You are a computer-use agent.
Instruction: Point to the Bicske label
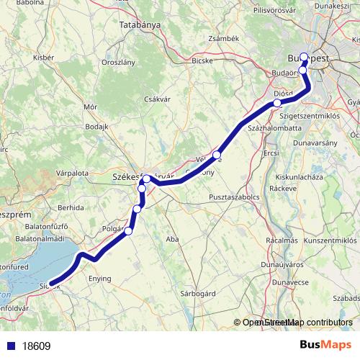[202, 61]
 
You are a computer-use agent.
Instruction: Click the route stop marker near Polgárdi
[129, 231]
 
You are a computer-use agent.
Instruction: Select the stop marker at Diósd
[277, 104]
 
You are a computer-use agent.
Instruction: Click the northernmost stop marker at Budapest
[304, 57]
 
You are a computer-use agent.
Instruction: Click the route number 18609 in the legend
[35, 346]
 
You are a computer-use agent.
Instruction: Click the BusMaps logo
[325, 346]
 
